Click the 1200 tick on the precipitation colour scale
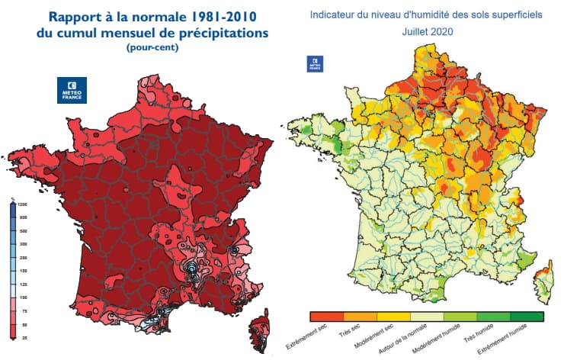coord(23,205)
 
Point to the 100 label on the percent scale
coord(23,296)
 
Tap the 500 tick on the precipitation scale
coord(23,230)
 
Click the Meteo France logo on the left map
coord(72,89)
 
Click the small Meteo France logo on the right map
coord(314,64)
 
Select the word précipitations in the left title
coord(221,33)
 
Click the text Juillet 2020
coord(426,33)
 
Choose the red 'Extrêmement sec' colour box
coord(327,315)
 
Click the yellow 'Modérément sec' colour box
coord(394,315)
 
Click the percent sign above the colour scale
coord(13,199)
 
